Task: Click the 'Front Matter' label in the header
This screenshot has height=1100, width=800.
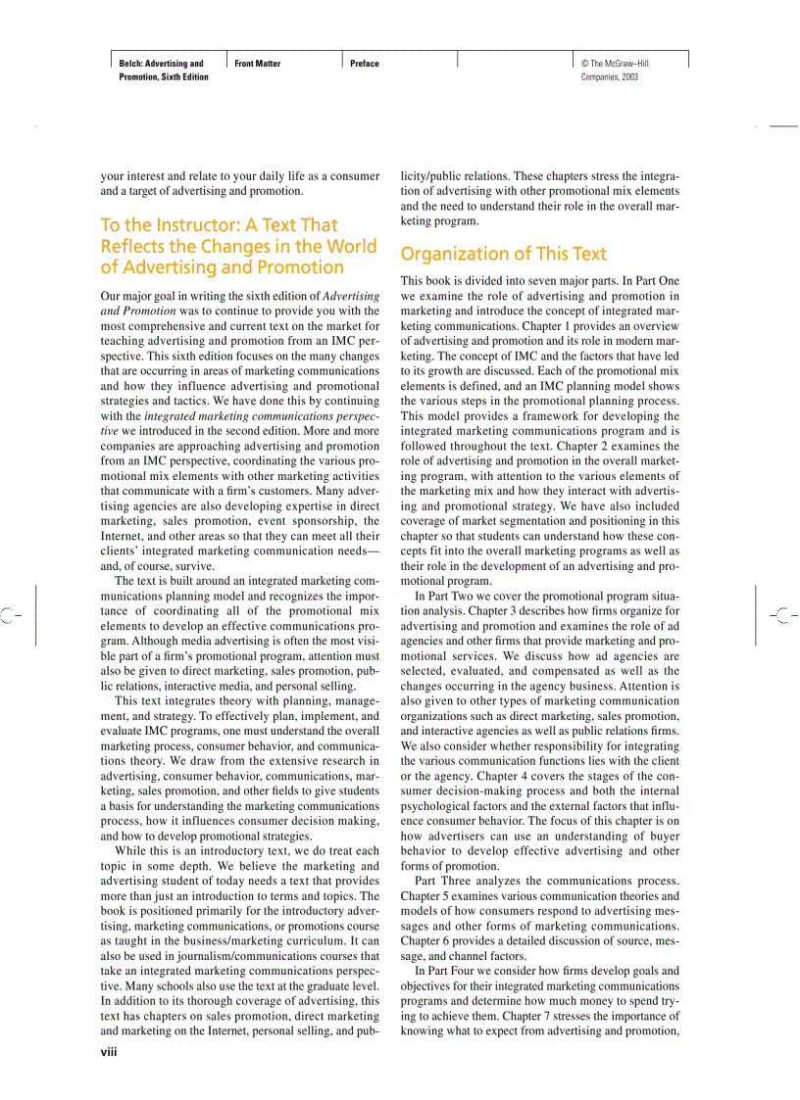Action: click(258, 64)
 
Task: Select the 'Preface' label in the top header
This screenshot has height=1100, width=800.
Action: click(365, 64)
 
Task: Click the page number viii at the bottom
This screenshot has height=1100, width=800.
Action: click(109, 1051)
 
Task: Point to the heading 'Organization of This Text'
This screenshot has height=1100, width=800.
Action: click(504, 254)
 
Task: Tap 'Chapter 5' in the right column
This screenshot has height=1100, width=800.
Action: click(429, 896)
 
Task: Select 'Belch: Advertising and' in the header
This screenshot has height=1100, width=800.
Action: click(162, 64)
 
